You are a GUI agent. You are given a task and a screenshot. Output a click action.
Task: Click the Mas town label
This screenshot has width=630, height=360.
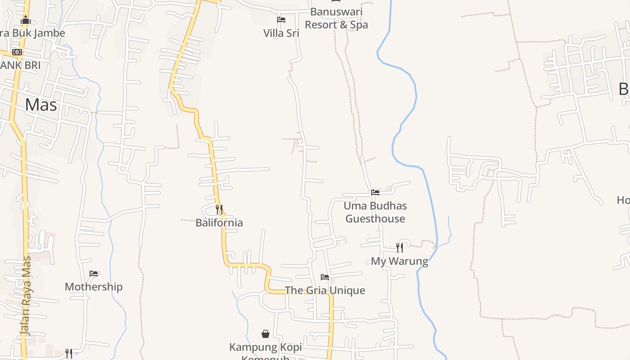tap(41, 105)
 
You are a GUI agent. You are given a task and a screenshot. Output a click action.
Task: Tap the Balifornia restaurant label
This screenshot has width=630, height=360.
tap(219, 223)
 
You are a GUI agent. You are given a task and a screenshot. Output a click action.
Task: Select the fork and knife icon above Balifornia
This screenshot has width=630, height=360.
tap(219, 209)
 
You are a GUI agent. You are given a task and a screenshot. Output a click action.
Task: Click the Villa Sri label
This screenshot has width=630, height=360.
tap(281, 33)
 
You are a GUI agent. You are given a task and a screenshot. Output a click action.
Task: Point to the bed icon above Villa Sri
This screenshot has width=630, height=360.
tap(281, 20)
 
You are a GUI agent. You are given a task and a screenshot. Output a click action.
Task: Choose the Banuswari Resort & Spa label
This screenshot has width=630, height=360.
tap(336, 18)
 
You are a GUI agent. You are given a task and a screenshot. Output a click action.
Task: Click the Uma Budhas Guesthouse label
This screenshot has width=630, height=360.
tap(375, 212)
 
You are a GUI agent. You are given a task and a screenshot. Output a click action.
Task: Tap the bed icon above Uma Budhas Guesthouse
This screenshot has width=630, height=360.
tap(375, 193)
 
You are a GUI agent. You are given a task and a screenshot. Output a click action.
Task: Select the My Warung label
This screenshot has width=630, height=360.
tap(400, 261)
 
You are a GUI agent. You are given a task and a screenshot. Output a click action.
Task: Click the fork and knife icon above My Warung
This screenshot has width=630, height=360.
tap(400, 247)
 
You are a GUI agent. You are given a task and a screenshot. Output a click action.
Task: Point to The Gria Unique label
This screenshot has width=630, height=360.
tap(325, 290)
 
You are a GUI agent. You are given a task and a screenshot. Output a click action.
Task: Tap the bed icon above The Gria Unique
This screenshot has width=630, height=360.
tap(325, 277)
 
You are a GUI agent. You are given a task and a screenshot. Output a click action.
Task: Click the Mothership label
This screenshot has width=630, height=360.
tap(94, 287)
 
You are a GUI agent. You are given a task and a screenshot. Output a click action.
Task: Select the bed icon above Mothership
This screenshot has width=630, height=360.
tap(94, 274)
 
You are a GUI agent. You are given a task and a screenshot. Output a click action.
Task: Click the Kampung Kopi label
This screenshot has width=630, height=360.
tap(265, 347)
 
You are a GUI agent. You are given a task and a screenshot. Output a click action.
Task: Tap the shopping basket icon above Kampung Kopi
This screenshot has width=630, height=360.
tap(265, 334)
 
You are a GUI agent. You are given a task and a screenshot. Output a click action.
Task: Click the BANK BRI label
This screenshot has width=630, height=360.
tap(20, 65)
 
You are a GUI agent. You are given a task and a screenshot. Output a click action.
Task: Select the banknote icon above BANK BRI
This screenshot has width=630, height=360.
tap(17, 52)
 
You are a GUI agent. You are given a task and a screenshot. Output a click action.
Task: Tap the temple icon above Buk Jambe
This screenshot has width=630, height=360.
tap(26, 20)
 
